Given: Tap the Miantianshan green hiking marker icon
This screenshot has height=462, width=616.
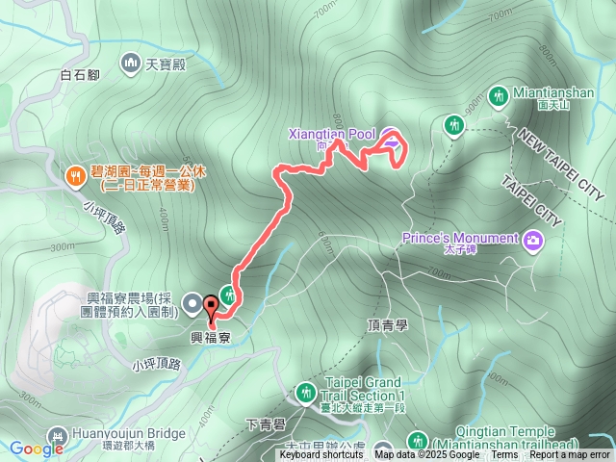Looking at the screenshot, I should coord(499,96).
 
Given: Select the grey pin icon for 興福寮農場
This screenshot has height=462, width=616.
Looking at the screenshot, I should coord(191,305).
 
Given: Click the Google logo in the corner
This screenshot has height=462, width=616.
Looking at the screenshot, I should coord(37,449).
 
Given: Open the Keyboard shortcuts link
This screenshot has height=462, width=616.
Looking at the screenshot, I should coord(321,454).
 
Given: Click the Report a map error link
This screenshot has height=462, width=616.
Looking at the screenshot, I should coord(570,454).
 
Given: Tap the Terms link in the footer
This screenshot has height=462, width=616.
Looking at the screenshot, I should coord(504,454).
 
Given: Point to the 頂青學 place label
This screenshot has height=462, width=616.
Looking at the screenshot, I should coord(388,325).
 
